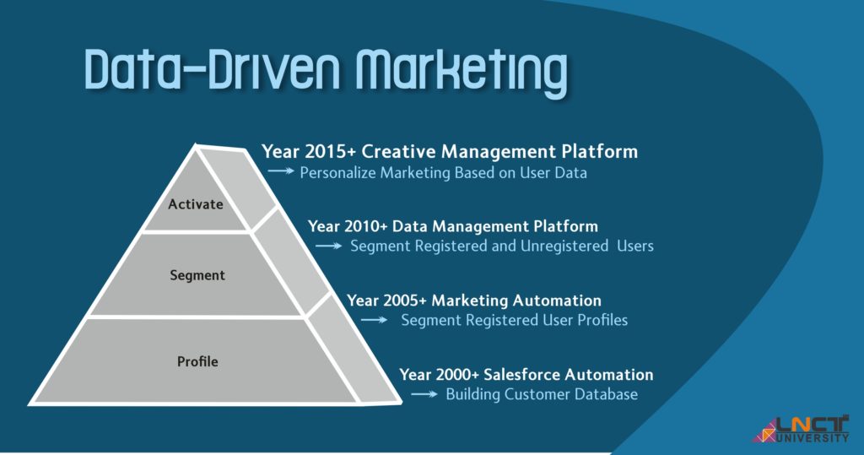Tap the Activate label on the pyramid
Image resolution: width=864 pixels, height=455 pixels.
(196, 204)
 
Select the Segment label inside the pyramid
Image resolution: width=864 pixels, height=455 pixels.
(197, 276)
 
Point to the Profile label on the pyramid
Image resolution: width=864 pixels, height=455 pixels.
(197, 361)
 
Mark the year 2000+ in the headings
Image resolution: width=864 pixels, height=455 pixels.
(457, 375)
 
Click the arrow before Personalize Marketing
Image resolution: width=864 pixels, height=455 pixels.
(281, 171)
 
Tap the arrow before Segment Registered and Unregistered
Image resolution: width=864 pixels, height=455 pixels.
(329, 246)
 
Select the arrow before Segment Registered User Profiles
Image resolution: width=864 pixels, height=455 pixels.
(374, 320)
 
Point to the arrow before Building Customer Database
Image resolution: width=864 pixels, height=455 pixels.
(424, 393)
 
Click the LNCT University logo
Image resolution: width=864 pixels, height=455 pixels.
(801, 430)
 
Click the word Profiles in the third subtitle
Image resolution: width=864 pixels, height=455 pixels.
(602, 320)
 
